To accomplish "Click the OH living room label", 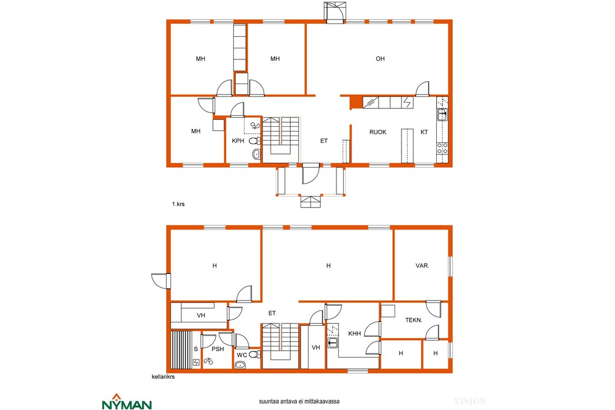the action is (x=380, y=59).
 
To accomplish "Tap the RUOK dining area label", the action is (x=378, y=132).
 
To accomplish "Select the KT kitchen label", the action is (x=424, y=132).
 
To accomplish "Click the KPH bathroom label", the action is (x=238, y=141).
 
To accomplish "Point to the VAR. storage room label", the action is (x=422, y=266).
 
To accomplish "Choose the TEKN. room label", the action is (x=414, y=320).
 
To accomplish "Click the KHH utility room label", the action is (x=355, y=333).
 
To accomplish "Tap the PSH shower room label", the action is (x=217, y=349).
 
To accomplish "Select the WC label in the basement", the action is (x=242, y=355).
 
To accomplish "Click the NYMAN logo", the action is (x=127, y=402).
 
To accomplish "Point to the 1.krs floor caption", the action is (x=178, y=204).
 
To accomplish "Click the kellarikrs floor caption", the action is (x=163, y=377).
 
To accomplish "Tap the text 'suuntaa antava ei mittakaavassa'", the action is (x=299, y=401).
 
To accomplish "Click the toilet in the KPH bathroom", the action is (x=255, y=141).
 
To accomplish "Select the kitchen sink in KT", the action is (x=442, y=115).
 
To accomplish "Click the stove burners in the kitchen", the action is (x=442, y=148).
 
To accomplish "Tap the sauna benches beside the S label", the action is (x=182, y=349).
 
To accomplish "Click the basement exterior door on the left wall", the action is (x=161, y=281).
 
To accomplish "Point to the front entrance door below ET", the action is (x=311, y=174).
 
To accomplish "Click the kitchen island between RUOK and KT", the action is (x=407, y=145).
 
